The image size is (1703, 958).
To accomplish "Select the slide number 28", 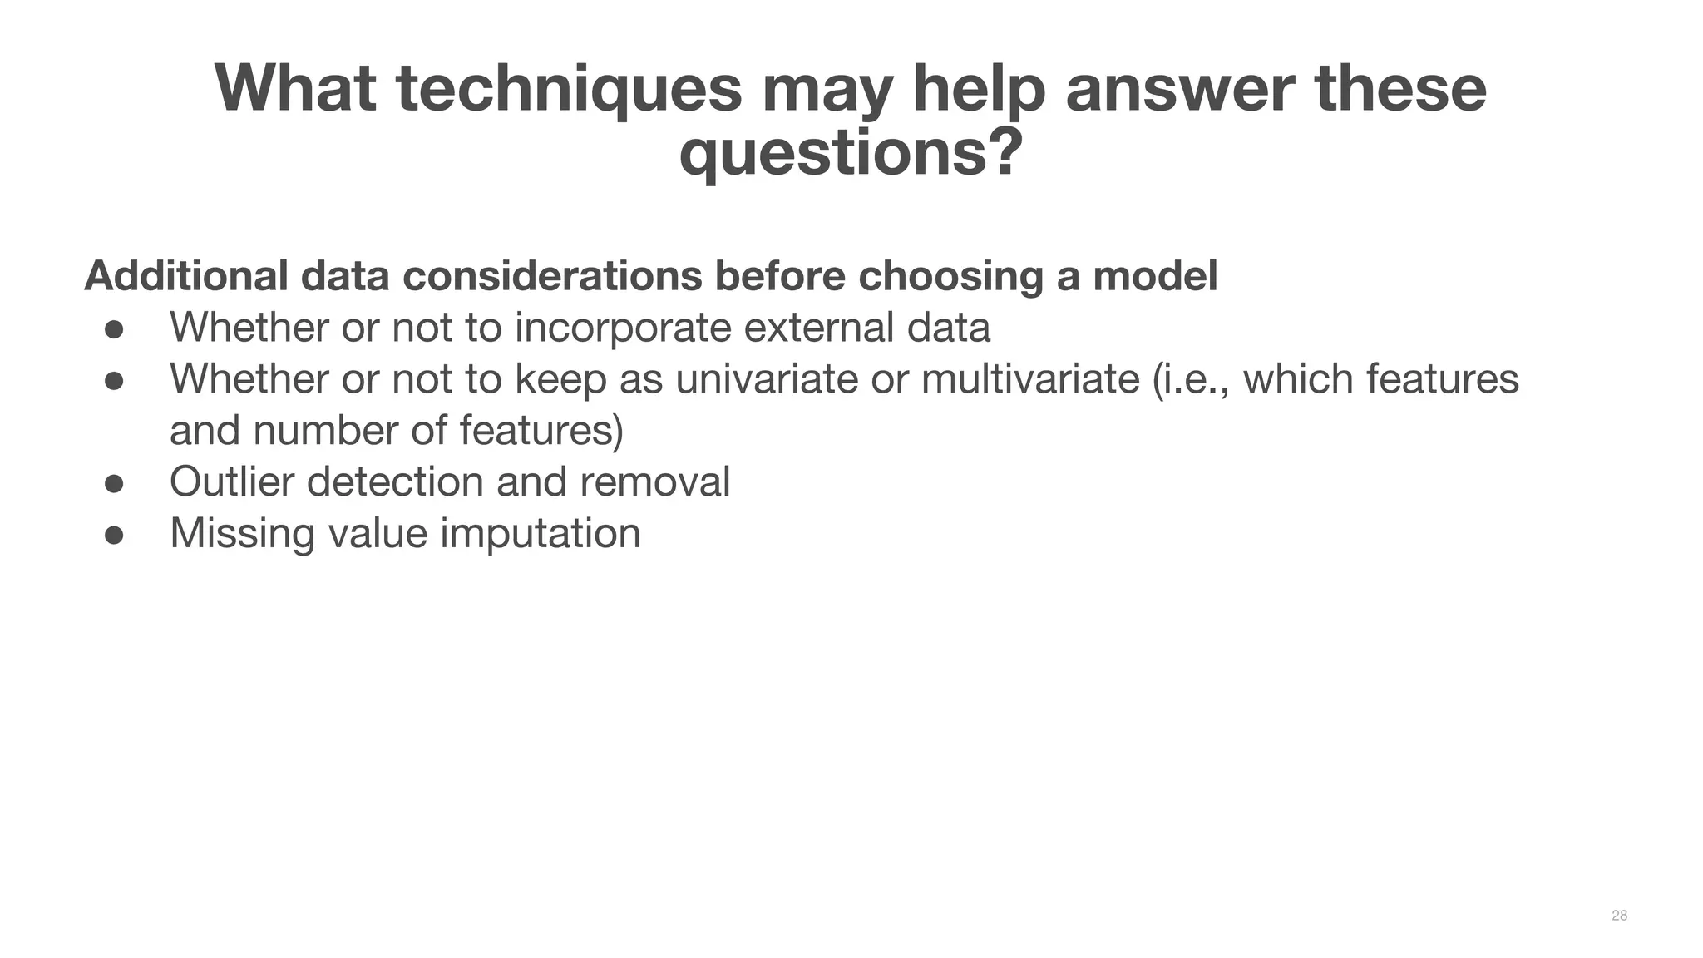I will pyautogui.click(x=1619, y=916).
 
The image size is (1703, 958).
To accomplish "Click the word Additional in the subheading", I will pyautogui.click(x=186, y=276).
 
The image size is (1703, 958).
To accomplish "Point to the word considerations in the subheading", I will pyautogui.click(x=552, y=276).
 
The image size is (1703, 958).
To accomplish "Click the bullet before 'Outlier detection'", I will pyautogui.click(x=114, y=483).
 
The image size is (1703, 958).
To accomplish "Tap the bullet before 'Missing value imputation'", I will pyautogui.click(x=114, y=535).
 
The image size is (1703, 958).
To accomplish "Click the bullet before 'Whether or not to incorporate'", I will pyautogui.click(x=114, y=329).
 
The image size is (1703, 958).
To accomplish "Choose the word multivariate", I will pyautogui.click(x=1029, y=379).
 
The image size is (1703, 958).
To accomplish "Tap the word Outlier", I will pyautogui.click(x=231, y=482).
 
